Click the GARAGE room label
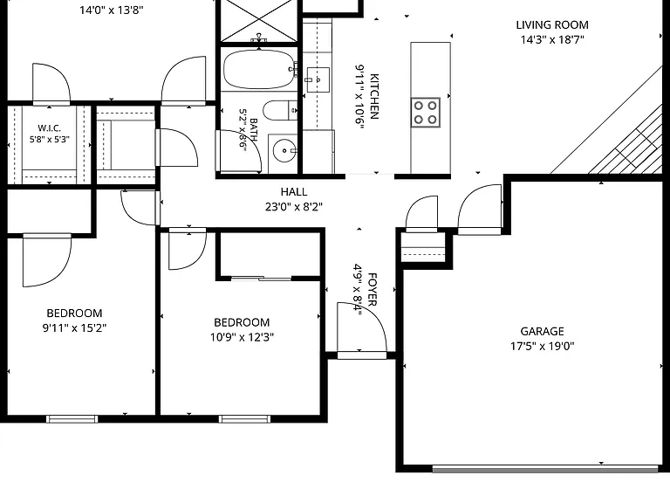pos(542,331)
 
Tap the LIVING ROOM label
pos(552,24)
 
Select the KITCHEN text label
pos(374,96)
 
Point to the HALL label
pos(294,191)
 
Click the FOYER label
pos(373,290)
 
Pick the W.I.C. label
pos(49,127)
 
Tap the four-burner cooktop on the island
pos(426,113)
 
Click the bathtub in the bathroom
pos(260,69)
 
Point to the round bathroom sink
pos(284,150)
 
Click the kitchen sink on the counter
pos(318,79)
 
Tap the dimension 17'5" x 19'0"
pos(542,346)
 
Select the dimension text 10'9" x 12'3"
pos(242,337)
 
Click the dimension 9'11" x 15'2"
pos(74,328)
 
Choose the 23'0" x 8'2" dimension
pos(294,207)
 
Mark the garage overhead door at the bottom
pos(544,470)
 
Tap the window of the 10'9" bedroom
pos(244,419)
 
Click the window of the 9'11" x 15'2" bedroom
pos(72,419)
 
